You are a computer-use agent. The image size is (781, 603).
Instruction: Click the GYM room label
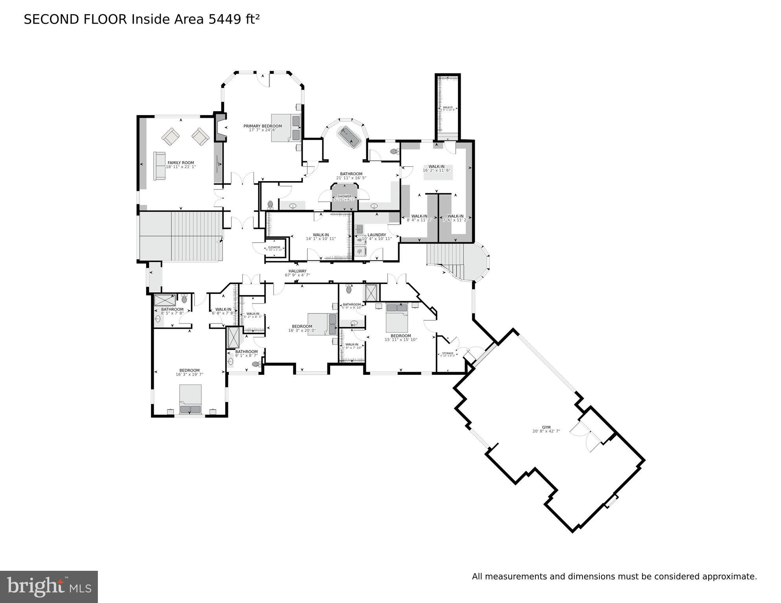click(546, 427)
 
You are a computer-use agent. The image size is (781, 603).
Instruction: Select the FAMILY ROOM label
click(181, 163)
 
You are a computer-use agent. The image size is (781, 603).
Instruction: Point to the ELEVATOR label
click(274, 247)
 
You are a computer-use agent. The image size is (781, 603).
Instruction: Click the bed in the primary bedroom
click(285, 127)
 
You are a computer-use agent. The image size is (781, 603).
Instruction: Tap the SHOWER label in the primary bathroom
click(344, 196)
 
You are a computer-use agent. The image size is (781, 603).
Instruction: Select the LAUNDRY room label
click(377, 235)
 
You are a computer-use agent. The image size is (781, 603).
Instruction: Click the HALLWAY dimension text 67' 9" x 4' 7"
click(297, 275)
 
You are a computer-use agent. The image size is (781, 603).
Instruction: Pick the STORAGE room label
click(448, 354)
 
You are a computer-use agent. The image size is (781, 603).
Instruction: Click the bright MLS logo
click(49, 587)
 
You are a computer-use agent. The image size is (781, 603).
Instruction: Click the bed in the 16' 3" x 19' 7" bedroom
click(191, 399)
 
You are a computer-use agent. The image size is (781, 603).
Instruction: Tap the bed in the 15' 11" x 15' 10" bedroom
click(397, 317)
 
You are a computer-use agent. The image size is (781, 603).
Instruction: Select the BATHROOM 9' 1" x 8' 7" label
click(246, 352)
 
